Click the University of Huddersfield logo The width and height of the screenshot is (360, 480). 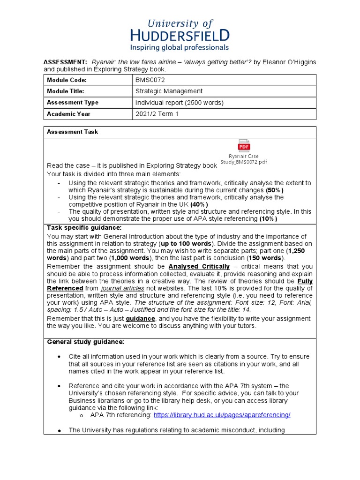pyautogui.click(x=180, y=29)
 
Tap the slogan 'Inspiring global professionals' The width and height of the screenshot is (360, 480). pyautogui.click(x=180, y=47)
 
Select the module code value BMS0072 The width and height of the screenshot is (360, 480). pyautogui.click(x=150, y=80)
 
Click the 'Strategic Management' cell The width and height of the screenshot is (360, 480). pyautogui.click(x=169, y=91)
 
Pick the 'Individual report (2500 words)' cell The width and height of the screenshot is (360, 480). pyautogui.click(x=180, y=103)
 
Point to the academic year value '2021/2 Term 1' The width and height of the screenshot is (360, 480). pyautogui.click(x=157, y=114)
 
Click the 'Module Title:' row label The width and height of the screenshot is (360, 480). pyautogui.click(x=66, y=91)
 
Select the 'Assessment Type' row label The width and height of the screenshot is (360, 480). pyautogui.click(x=73, y=103)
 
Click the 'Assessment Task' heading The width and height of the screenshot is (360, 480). pyautogui.click(x=72, y=132)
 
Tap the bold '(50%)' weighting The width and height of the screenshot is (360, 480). pyautogui.click(x=275, y=190)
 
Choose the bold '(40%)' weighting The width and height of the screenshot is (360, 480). pyautogui.click(x=200, y=204)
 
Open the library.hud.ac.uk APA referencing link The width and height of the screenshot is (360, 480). pyautogui.click(x=222, y=415)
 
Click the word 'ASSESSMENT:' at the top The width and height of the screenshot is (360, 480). pyautogui.click(x=65, y=62)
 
